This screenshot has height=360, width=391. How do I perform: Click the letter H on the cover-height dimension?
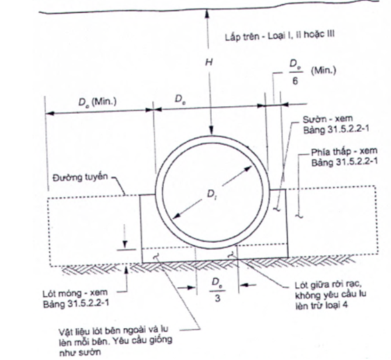click(209, 62)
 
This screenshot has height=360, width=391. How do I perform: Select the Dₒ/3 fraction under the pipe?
click(217, 290)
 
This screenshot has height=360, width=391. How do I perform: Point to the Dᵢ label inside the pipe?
click(211, 194)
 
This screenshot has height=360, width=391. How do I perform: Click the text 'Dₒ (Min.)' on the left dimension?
click(97, 102)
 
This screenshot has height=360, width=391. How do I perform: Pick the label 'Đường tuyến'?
click(81, 178)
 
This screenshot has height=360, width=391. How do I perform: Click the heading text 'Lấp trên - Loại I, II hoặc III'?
click(280, 36)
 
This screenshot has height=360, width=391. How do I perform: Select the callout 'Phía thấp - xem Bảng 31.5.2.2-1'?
click(344, 157)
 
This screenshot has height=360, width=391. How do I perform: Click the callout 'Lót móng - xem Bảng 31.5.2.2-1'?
click(76, 298)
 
